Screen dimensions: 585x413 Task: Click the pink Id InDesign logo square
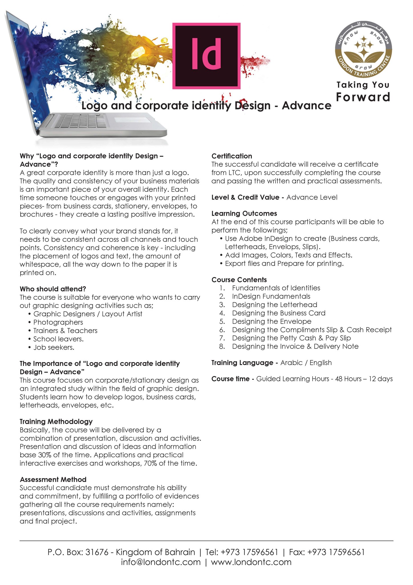coord(206,56)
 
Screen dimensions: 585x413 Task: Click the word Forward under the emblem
coord(363,97)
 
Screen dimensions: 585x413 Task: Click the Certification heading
coord(232,156)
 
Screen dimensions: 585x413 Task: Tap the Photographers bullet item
coord(58,322)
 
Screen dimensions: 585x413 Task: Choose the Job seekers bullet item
coord(54,347)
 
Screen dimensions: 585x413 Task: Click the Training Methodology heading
coord(56,422)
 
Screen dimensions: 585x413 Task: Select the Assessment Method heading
coord(53,480)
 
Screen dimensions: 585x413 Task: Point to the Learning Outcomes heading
coord(244,214)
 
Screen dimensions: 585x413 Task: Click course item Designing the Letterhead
coord(274,305)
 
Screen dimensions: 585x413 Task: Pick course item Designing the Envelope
coord(272,321)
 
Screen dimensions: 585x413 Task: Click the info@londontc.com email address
coord(161,562)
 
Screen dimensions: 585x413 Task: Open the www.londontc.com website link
coord(251,562)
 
